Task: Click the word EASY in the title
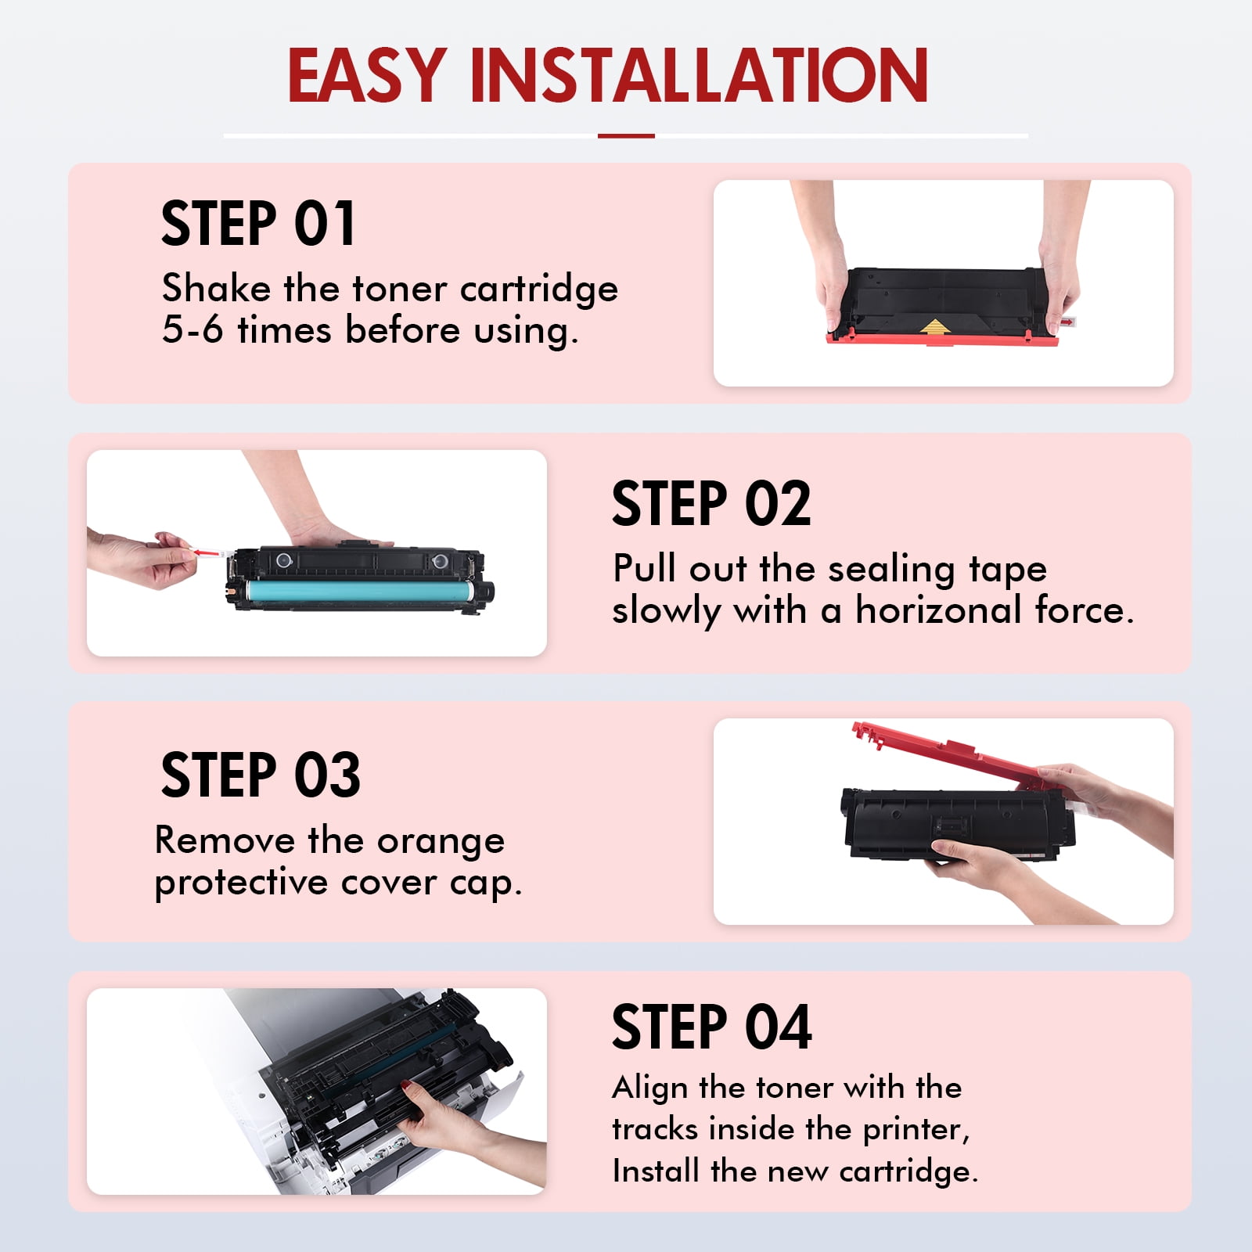coord(367,76)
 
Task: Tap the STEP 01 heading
coord(258,224)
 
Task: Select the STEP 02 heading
coord(711,503)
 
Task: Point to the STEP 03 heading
coord(261,775)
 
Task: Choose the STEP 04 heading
coord(712,1027)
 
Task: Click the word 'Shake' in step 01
coord(216,288)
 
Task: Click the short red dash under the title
coord(626,136)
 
